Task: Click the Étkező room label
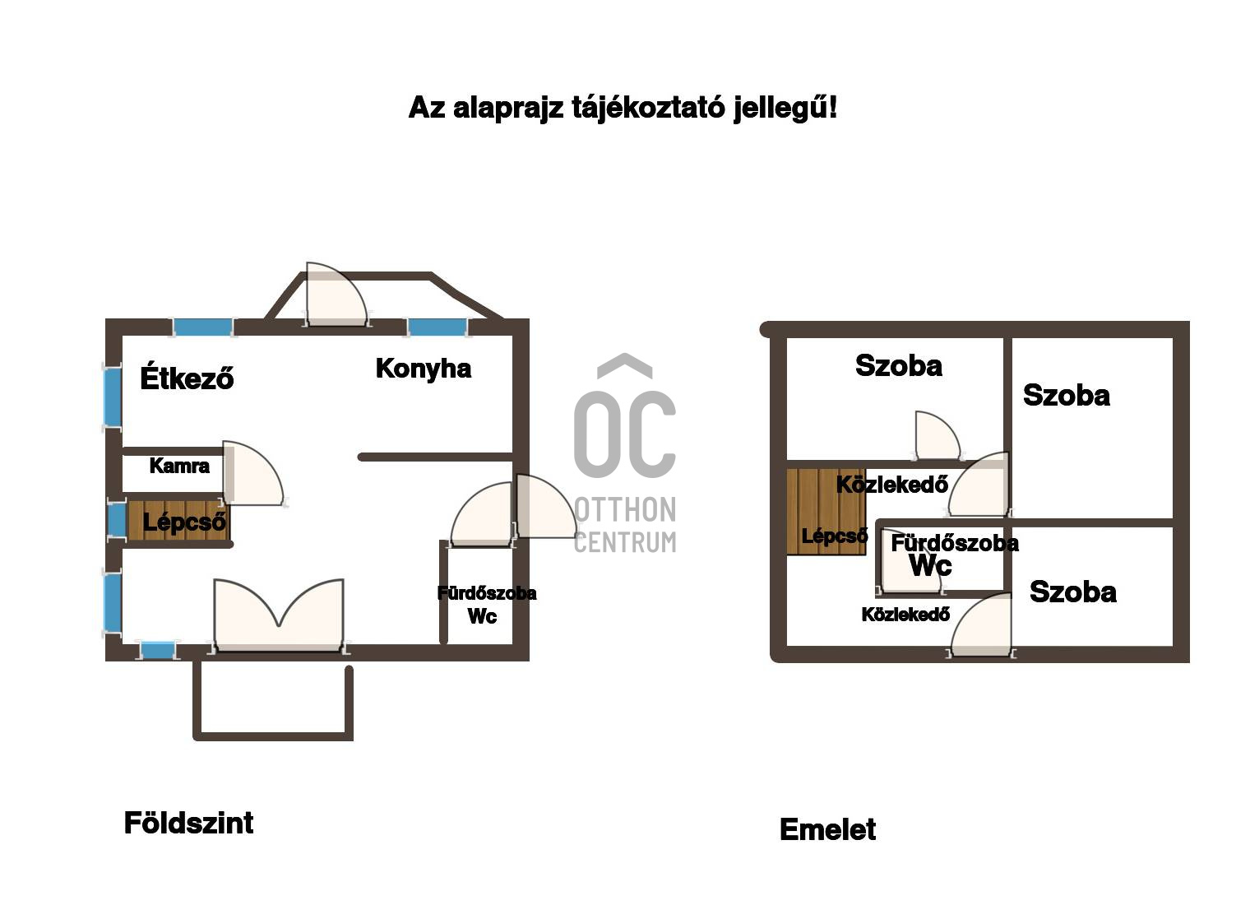click(187, 377)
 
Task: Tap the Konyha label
click(424, 369)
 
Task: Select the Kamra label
click(179, 466)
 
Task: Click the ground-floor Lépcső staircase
click(178, 520)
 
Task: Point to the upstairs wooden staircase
click(826, 512)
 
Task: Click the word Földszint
click(188, 824)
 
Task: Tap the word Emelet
click(827, 829)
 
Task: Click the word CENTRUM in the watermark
click(625, 542)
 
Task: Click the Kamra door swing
click(252, 474)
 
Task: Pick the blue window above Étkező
click(202, 327)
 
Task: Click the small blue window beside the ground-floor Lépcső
click(117, 520)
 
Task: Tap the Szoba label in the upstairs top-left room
click(898, 366)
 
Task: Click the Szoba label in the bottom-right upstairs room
click(1072, 592)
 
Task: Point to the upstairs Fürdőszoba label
click(955, 543)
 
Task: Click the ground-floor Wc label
click(482, 616)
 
